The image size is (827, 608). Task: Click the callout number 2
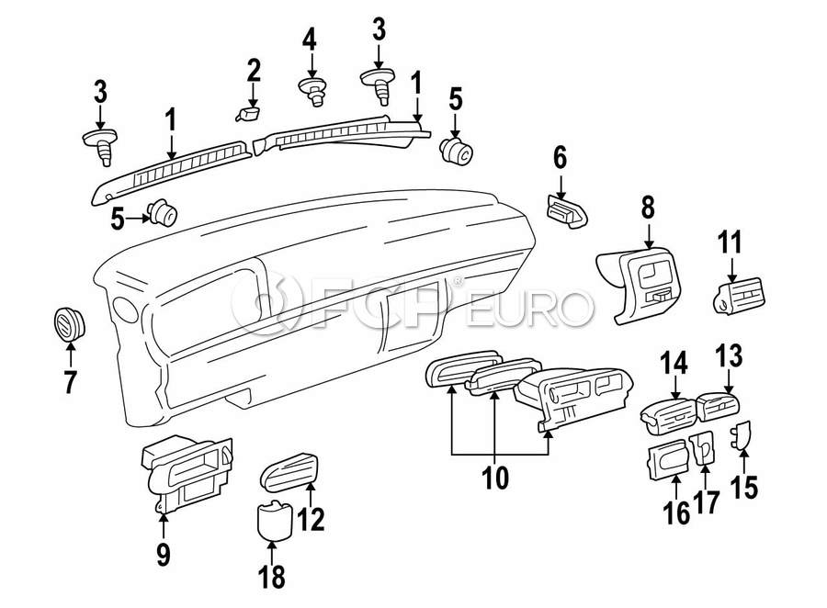[254, 70]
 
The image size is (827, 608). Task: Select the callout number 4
[310, 39]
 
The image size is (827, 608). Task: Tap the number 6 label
[560, 158]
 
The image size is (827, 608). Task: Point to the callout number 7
[70, 380]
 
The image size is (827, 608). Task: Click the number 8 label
[648, 208]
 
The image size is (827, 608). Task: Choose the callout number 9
[163, 554]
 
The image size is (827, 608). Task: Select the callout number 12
[312, 520]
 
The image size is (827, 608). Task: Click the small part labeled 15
[742, 434]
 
